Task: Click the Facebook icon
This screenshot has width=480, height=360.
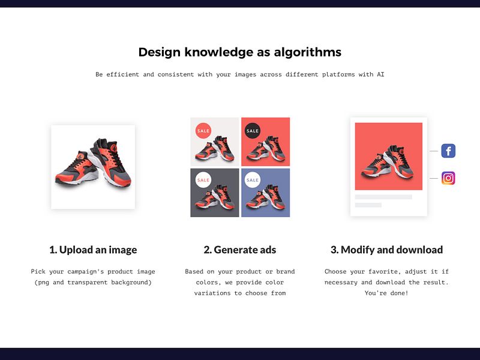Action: point(448,151)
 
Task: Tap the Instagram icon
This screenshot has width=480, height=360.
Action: point(448,178)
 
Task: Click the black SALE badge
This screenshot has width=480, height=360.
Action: point(253,131)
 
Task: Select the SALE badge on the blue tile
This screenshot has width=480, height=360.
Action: point(253,180)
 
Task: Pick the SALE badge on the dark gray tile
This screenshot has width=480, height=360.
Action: point(203,180)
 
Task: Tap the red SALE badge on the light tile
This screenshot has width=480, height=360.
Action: point(203,131)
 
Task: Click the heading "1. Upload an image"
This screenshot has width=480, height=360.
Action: point(93,250)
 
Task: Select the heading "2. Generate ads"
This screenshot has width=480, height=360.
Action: point(240,250)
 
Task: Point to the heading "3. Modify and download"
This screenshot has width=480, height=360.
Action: point(386,250)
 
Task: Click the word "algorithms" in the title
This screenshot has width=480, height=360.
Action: point(308,52)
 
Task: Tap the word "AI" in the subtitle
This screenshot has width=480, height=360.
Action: point(380,74)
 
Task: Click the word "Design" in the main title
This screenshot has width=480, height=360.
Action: point(160,52)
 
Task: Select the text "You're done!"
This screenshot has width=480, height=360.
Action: point(386,293)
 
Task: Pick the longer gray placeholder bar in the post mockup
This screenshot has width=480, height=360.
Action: point(383,197)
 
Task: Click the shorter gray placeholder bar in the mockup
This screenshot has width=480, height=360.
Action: point(368,205)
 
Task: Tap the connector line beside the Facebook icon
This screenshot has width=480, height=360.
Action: point(434,151)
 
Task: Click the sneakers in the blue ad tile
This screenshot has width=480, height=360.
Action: point(266,197)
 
